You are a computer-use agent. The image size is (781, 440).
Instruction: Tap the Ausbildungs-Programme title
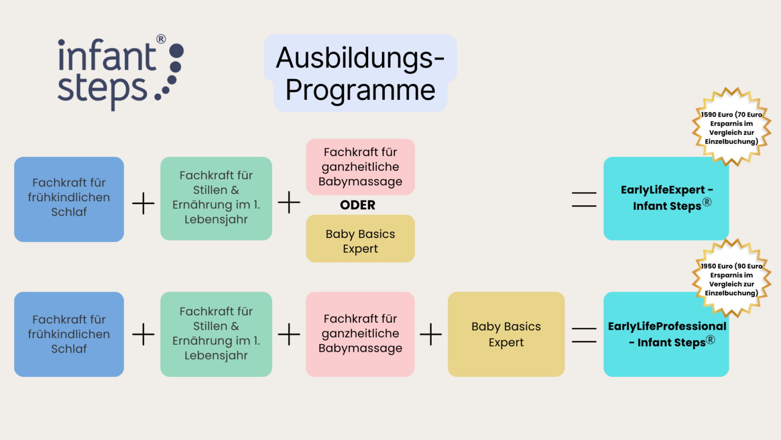(x=360, y=74)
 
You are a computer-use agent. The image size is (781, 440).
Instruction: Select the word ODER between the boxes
(x=357, y=205)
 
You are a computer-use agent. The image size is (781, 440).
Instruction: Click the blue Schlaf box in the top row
(x=69, y=199)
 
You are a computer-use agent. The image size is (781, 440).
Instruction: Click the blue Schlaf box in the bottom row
(x=69, y=334)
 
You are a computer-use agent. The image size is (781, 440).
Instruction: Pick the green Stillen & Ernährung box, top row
(x=216, y=198)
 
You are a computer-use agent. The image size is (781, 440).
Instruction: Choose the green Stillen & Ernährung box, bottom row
(x=216, y=334)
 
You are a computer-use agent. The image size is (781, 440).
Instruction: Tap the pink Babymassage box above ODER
(x=360, y=167)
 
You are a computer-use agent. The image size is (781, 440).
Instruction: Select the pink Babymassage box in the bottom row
(x=360, y=334)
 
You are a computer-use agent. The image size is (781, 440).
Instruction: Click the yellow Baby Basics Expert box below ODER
(x=360, y=239)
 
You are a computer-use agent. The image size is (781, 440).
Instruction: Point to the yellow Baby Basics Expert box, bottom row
(x=506, y=334)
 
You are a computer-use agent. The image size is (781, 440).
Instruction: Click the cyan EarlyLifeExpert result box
(x=666, y=199)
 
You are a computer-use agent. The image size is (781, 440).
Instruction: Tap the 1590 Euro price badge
(x=731, y=127)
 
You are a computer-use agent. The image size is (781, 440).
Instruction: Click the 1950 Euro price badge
(x=731, y=279)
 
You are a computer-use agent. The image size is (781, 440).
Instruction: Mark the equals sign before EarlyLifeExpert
(x=584, y=199)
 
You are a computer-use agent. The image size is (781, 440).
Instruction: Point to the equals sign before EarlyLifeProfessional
(x=584, y=335)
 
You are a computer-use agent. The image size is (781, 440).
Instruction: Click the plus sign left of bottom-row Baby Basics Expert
(x=431, y=335)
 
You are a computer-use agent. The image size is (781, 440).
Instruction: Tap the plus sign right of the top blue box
(x=143, y=203)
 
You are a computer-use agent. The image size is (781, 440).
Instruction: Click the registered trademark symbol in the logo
(x=161, y=39)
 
